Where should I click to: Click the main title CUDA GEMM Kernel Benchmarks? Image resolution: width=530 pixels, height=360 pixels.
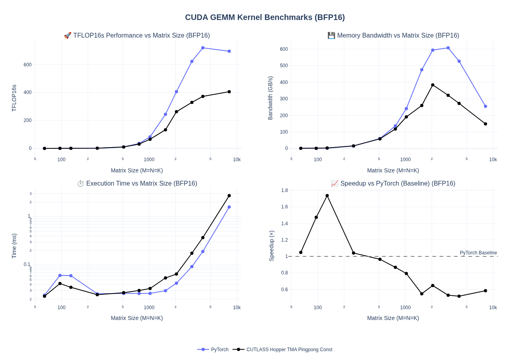pos(265,17)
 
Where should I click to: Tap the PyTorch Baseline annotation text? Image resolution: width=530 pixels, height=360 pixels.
pos(478,253)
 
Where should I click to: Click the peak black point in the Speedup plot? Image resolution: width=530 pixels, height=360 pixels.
pos(327,196)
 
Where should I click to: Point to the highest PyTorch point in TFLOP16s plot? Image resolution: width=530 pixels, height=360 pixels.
pos(203,48)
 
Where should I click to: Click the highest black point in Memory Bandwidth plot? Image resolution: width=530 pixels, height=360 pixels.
pos(433,85)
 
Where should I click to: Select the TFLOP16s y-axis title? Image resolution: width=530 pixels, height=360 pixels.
pos(14,98)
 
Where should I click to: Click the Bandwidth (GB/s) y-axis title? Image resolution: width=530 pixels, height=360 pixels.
pos(270,98)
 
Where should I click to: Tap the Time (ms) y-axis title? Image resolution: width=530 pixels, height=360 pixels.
pos(14,246)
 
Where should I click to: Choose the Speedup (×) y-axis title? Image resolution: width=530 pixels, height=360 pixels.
pos(271,246)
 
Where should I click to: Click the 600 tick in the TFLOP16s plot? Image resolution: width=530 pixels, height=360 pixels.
pos(27,65)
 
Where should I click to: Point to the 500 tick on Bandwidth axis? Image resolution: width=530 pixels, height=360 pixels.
pos(283,66)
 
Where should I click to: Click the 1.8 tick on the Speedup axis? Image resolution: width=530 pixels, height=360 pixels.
pos(284,190)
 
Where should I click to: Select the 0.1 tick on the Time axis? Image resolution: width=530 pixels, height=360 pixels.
pos(27,264)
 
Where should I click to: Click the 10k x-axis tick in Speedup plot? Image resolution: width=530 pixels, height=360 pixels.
pos(493,308)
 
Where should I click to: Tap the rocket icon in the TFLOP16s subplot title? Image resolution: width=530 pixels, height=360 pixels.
pos(68,36)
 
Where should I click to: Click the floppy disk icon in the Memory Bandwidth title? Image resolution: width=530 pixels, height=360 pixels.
pos(331,36)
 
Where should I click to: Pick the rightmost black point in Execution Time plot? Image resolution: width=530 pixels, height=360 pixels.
pos(229,196)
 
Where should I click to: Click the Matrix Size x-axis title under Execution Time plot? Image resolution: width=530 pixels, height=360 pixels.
pos(137,318)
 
